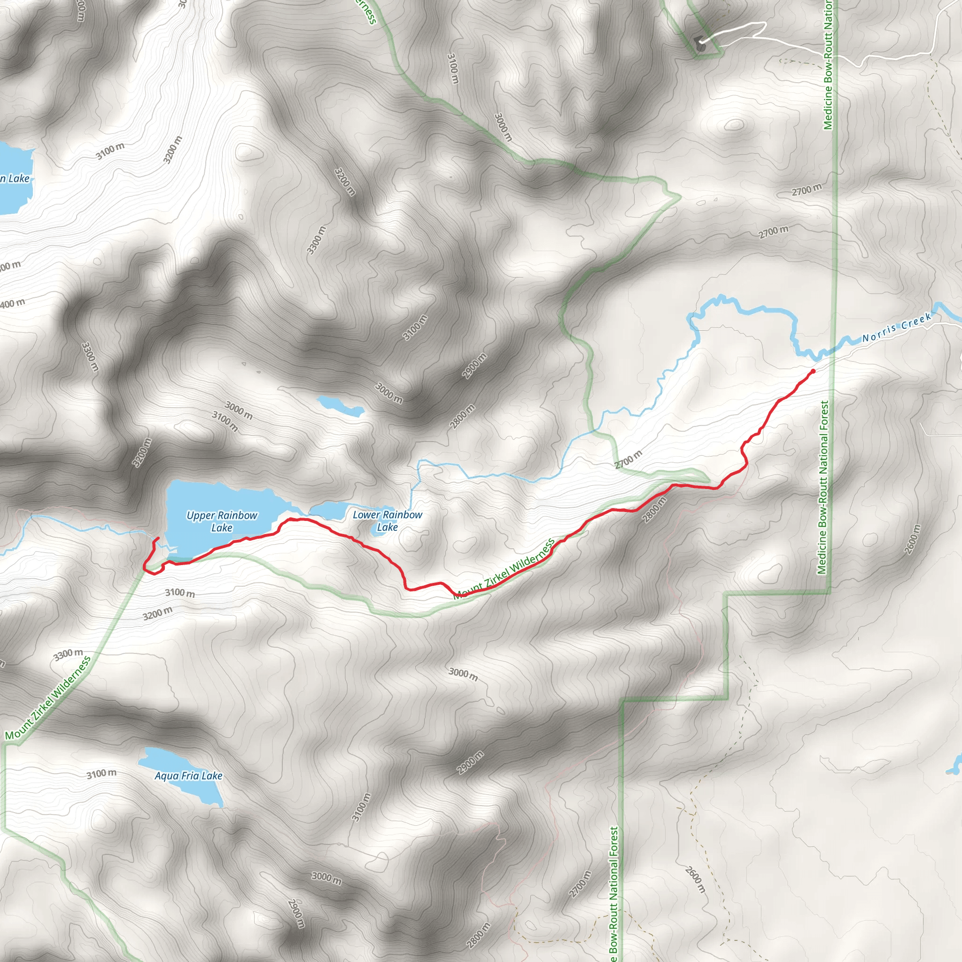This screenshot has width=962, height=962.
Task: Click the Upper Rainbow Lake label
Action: pos(222,521)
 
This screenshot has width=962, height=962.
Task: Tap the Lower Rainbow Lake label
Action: pos(388,520)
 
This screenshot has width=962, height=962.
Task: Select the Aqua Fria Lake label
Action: pos(188,776)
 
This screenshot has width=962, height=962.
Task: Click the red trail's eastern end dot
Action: pos(813,371)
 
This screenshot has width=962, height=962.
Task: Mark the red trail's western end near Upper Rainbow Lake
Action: pos(157,538)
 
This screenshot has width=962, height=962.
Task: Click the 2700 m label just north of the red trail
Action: pos(628,459)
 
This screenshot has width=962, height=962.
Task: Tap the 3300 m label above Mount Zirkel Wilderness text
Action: pos(68,654)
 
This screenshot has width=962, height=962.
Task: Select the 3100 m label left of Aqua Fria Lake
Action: pos(101,774)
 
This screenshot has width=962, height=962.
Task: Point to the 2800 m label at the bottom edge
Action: pos(478,935)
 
